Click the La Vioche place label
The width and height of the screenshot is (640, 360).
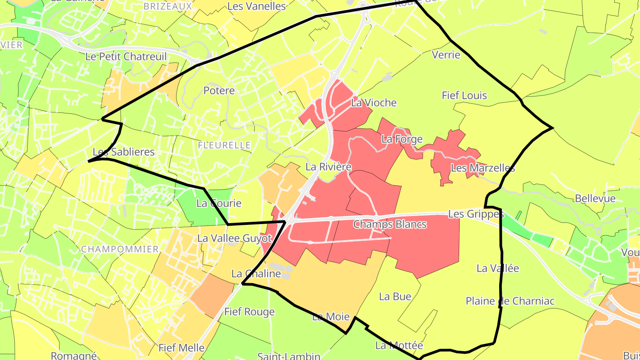point(373,103)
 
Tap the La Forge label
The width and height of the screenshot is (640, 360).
point(402,139)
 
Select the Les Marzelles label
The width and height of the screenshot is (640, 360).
point(483,168)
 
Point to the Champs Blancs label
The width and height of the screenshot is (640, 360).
point(390,224)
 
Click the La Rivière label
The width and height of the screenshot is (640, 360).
point(328,167)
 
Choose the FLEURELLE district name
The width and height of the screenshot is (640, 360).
point(224,145)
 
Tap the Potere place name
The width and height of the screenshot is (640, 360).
point(219,91)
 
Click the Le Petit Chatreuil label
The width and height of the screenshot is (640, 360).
point(126,56)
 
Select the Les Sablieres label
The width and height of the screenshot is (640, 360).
point(124,152)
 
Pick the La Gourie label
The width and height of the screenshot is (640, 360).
point(219,204)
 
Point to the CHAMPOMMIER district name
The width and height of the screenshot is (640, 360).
point(120,249)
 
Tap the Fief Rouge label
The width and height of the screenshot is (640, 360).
point(249,312)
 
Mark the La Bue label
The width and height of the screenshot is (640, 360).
point(395,296)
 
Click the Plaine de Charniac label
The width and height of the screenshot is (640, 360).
point(510,301)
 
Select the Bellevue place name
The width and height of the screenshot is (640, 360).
point(595,198)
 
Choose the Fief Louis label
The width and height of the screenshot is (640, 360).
point(464,96)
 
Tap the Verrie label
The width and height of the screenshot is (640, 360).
point(446,55)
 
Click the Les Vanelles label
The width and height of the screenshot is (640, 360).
point(256,6)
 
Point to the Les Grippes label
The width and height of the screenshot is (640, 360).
point(476,214)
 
